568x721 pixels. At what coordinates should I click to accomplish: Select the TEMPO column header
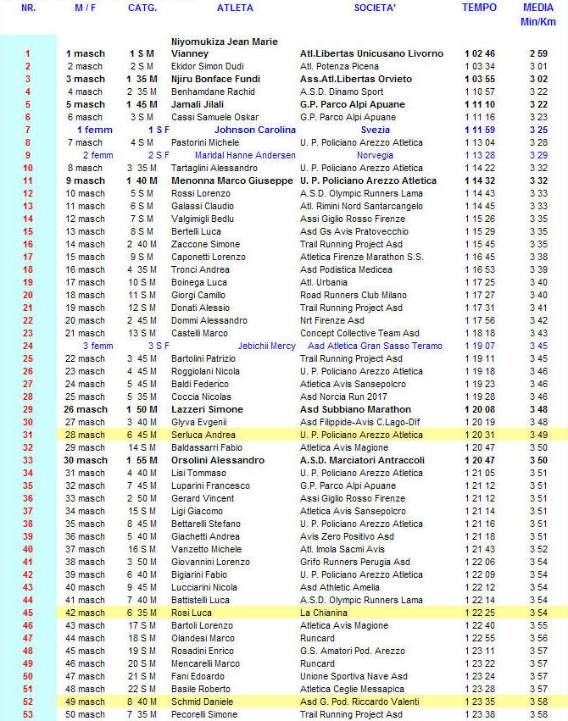[480, 8]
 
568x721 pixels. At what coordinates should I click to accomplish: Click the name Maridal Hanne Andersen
[245, 155]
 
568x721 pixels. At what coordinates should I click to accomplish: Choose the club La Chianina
[326, 613]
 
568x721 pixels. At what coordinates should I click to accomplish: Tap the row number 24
[27, 346]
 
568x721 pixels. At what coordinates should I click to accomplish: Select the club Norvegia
[375, 155]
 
